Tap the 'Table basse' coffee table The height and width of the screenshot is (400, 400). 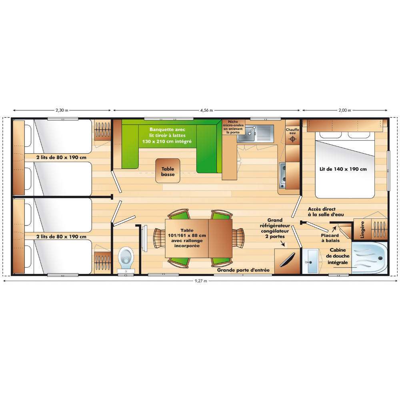click(168, 171)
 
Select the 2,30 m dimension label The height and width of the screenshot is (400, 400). click(62, 110)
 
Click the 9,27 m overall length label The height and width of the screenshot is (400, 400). click(201, 281)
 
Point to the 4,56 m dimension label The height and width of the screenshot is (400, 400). click(206, 110)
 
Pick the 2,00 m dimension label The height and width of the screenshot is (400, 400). click(345, 110)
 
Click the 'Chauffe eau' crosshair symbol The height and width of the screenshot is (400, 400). click(293, 139)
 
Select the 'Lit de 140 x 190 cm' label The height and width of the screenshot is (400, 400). click(343, 169)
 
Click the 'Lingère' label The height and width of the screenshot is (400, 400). click(362, 230)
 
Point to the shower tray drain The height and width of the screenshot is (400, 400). click(381, 258)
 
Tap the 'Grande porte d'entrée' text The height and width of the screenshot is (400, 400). click(243, 270)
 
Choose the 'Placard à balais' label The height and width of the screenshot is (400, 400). click(330, 238)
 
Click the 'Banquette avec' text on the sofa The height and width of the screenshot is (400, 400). click(167, 130)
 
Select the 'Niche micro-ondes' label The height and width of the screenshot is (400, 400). click(233, 124)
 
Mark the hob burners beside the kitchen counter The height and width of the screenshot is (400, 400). click(283, 176)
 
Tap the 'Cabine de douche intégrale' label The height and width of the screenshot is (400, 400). click(338, 256)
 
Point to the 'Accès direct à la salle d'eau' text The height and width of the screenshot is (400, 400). click(326, 212)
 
